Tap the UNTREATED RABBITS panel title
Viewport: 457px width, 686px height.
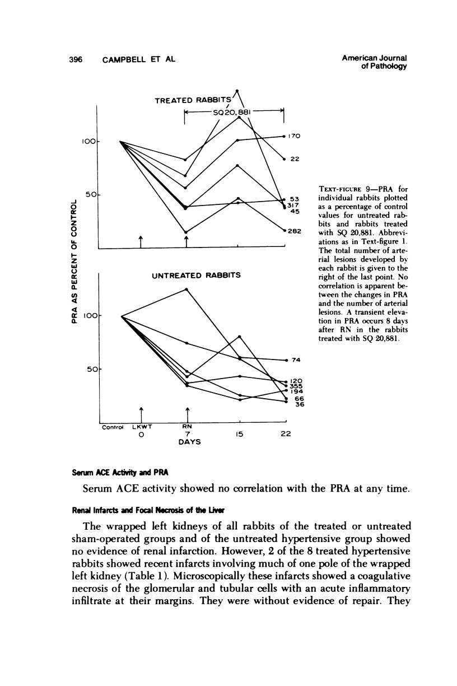click(197, 275)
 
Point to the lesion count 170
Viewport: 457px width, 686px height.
click(297, 136)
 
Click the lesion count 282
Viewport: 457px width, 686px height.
click(297, 231)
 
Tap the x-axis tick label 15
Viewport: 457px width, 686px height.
click(239, 434)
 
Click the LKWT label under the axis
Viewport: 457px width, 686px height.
click(142, 427)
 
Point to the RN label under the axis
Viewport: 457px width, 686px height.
click(187, 427)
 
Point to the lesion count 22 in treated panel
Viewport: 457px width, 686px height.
click(297, 158)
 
